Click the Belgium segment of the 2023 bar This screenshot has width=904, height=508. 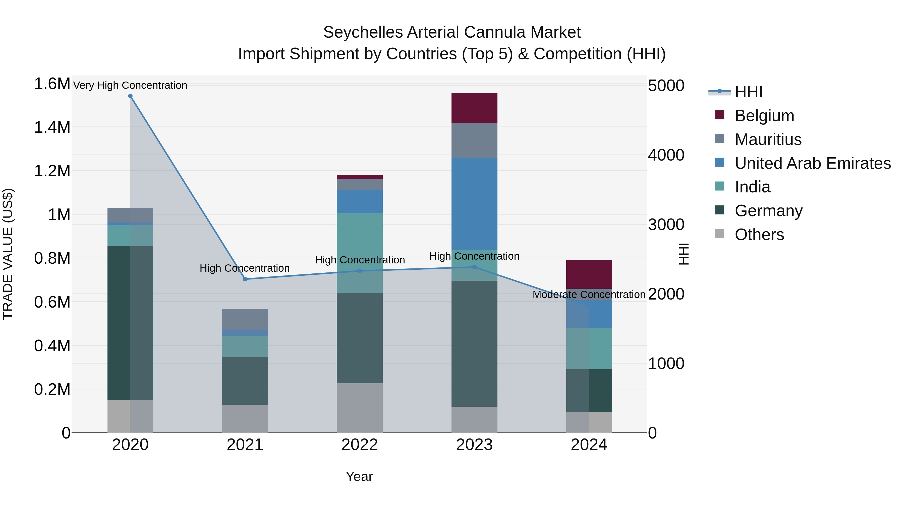click(x=474, y=108)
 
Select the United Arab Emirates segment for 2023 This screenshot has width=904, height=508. click(x=474, y=203)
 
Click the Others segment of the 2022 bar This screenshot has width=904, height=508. click(x=359, y=407)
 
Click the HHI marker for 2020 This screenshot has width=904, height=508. click(x=130, y=96)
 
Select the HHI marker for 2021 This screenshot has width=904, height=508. click(x=245, y=279)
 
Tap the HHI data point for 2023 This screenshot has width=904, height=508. click(x=474, y=267)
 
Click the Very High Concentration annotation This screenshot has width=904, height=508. click(x=130, y=85)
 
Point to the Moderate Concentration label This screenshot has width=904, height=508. click(x=589, y=295)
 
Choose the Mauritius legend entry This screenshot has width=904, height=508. click(x=768, y=139)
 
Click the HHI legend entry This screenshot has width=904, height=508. click(x=748, y=92)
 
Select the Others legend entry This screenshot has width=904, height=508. click(x=759, y=235)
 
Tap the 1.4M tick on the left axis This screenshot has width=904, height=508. click(x=52, y=127)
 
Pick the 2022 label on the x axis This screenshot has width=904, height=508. click(x=359, y=445)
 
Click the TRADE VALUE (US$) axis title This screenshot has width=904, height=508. click(x=8, y=254)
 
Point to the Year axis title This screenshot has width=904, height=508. click(x=359, y=476)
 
